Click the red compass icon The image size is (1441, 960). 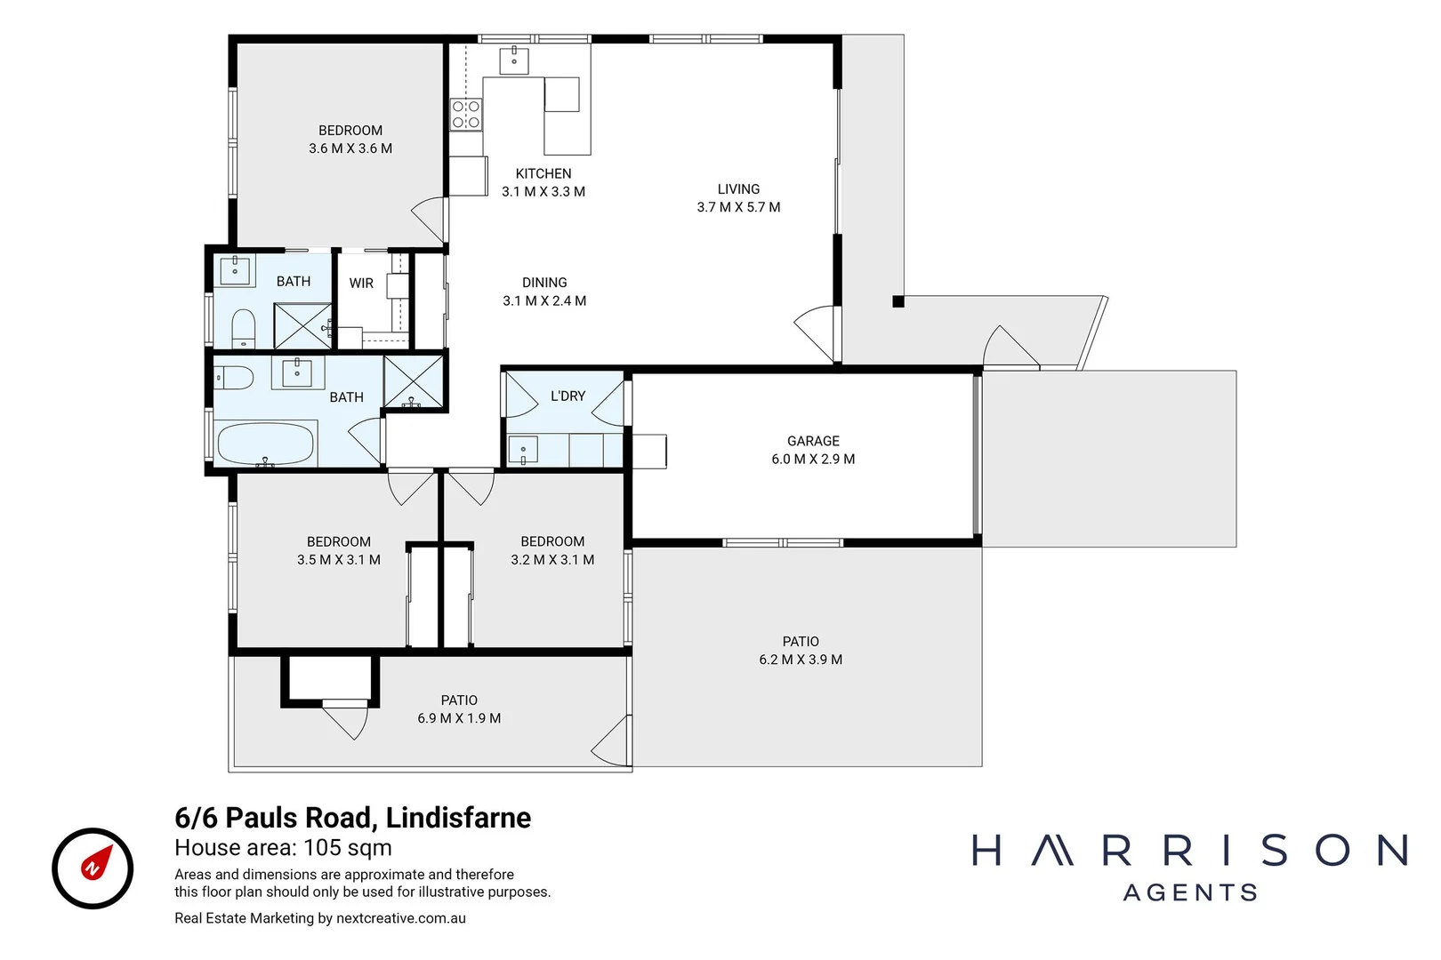93,868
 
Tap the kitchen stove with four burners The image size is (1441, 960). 466,115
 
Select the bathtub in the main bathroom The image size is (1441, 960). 266,443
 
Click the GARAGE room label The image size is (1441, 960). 813,441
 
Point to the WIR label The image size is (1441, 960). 361,283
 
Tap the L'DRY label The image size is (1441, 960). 568,396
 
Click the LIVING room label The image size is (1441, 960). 738,189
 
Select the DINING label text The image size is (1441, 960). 544,283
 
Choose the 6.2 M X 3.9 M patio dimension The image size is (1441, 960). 801,659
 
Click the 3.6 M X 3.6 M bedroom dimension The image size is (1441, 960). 350,148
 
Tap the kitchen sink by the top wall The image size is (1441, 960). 514,61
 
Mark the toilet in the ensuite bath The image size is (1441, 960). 243,329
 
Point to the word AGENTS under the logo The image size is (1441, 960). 1190,892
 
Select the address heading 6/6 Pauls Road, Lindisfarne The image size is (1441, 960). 352,818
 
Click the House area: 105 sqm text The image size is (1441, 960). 283,848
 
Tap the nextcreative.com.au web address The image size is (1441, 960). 401,918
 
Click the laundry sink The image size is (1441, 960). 523,450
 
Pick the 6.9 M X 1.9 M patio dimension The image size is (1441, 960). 459,718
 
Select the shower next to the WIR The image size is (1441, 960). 302,326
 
